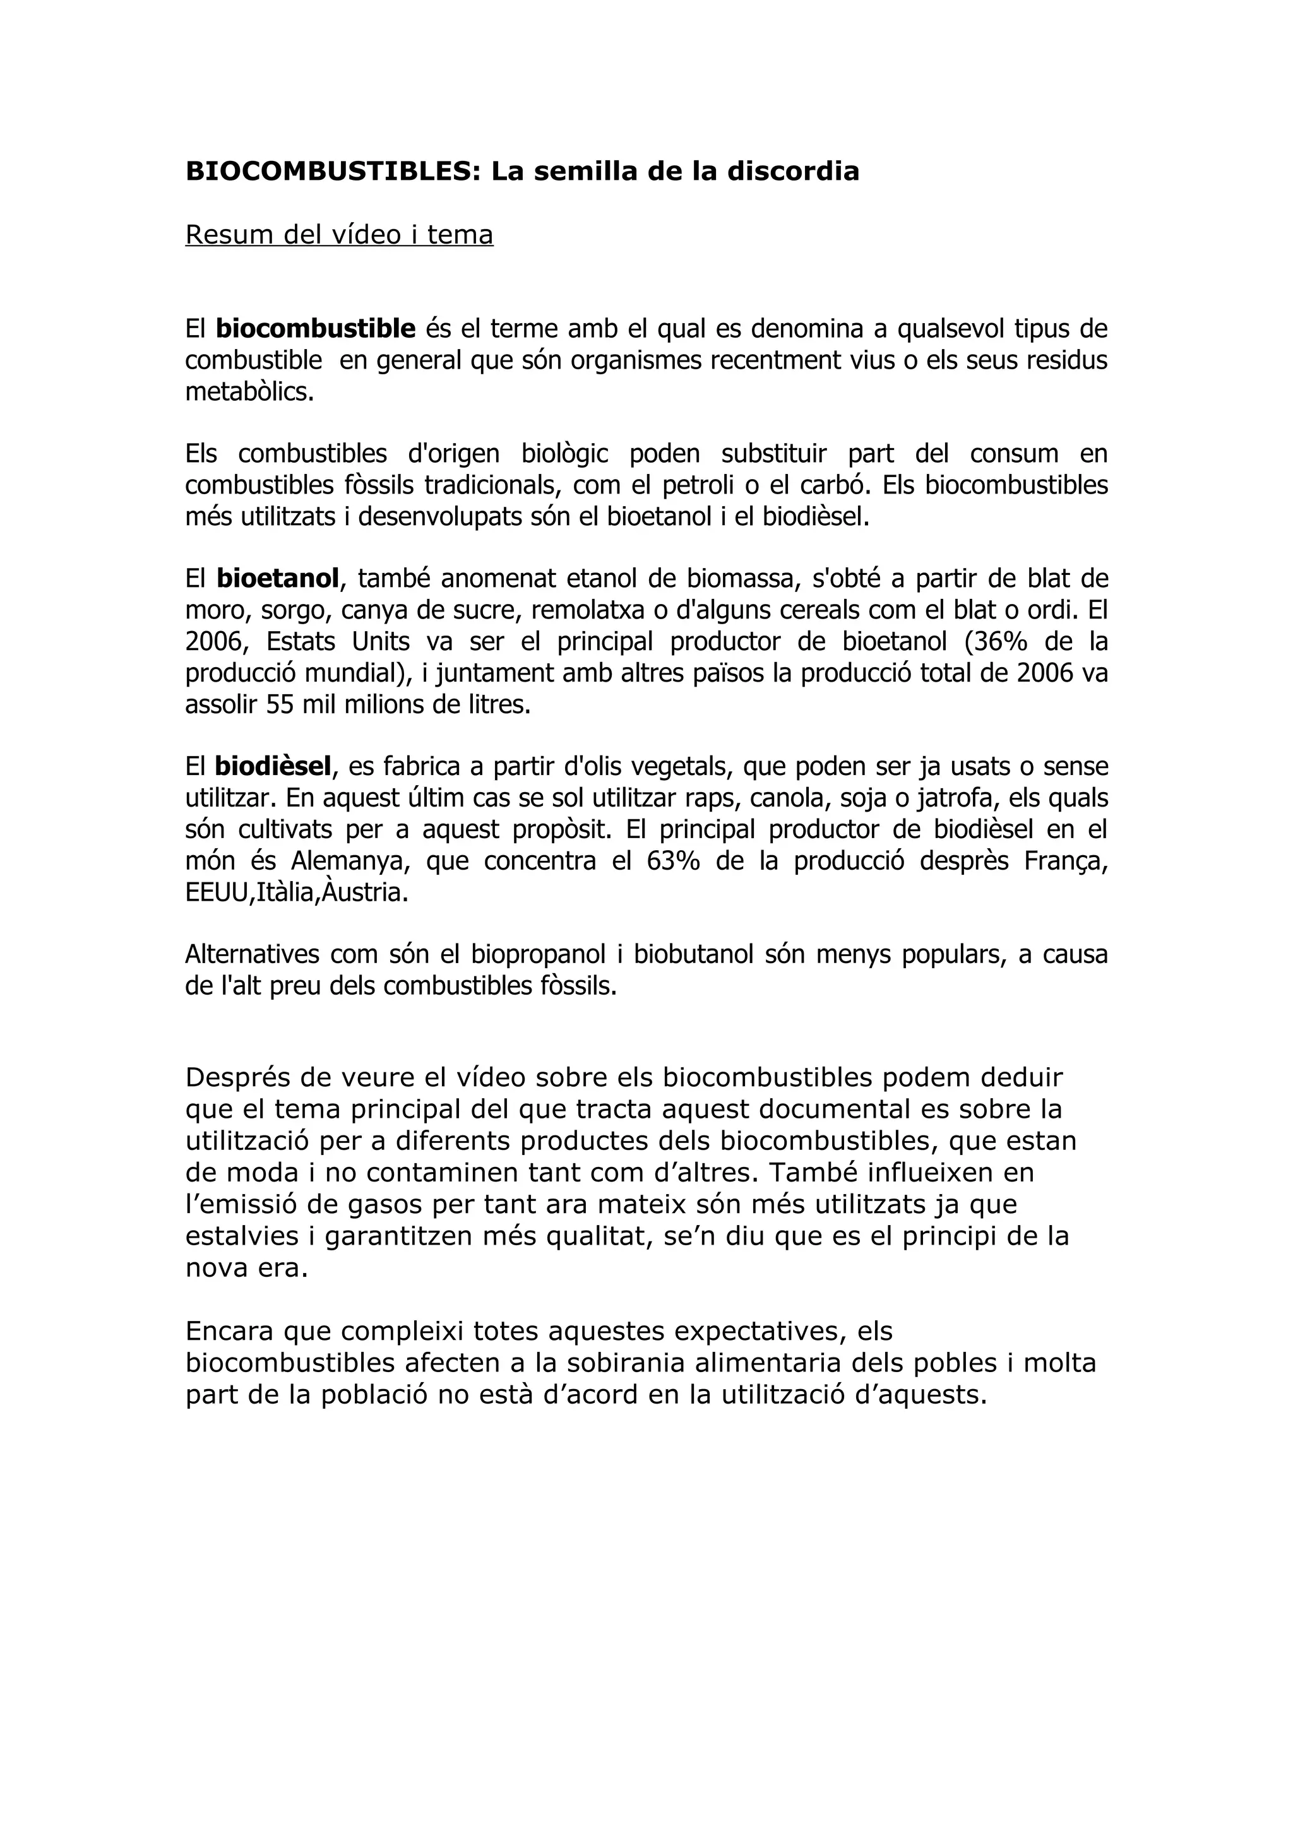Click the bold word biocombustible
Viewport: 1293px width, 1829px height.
[x=316, y=328]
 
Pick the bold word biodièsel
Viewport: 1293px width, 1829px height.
[x=273, y=766]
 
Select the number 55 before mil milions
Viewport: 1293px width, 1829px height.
[x=280, y=705]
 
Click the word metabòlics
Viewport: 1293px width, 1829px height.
[x=249, y=392]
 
